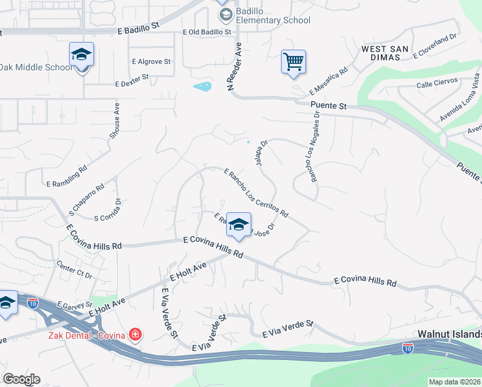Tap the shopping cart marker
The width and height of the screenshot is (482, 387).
(x=293, y=63)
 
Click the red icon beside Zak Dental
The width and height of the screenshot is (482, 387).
(x=135, y=334)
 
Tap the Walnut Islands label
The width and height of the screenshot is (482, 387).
(x=449, y=334)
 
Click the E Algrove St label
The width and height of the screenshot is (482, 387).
(x=151, y=62)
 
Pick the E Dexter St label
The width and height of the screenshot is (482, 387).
(x=131, y=80)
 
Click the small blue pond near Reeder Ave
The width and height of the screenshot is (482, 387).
(x=202, y=86)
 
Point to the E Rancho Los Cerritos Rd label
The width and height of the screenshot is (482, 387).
(x=255, y=192)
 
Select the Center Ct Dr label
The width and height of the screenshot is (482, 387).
(x=75, y=270)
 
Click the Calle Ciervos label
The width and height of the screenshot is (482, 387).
(x=437, y=82)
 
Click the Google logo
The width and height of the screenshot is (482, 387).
(x=21, y=379)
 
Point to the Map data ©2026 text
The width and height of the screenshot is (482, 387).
(x=455, y=382)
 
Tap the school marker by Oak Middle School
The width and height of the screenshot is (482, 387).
(x=82, y=55)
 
